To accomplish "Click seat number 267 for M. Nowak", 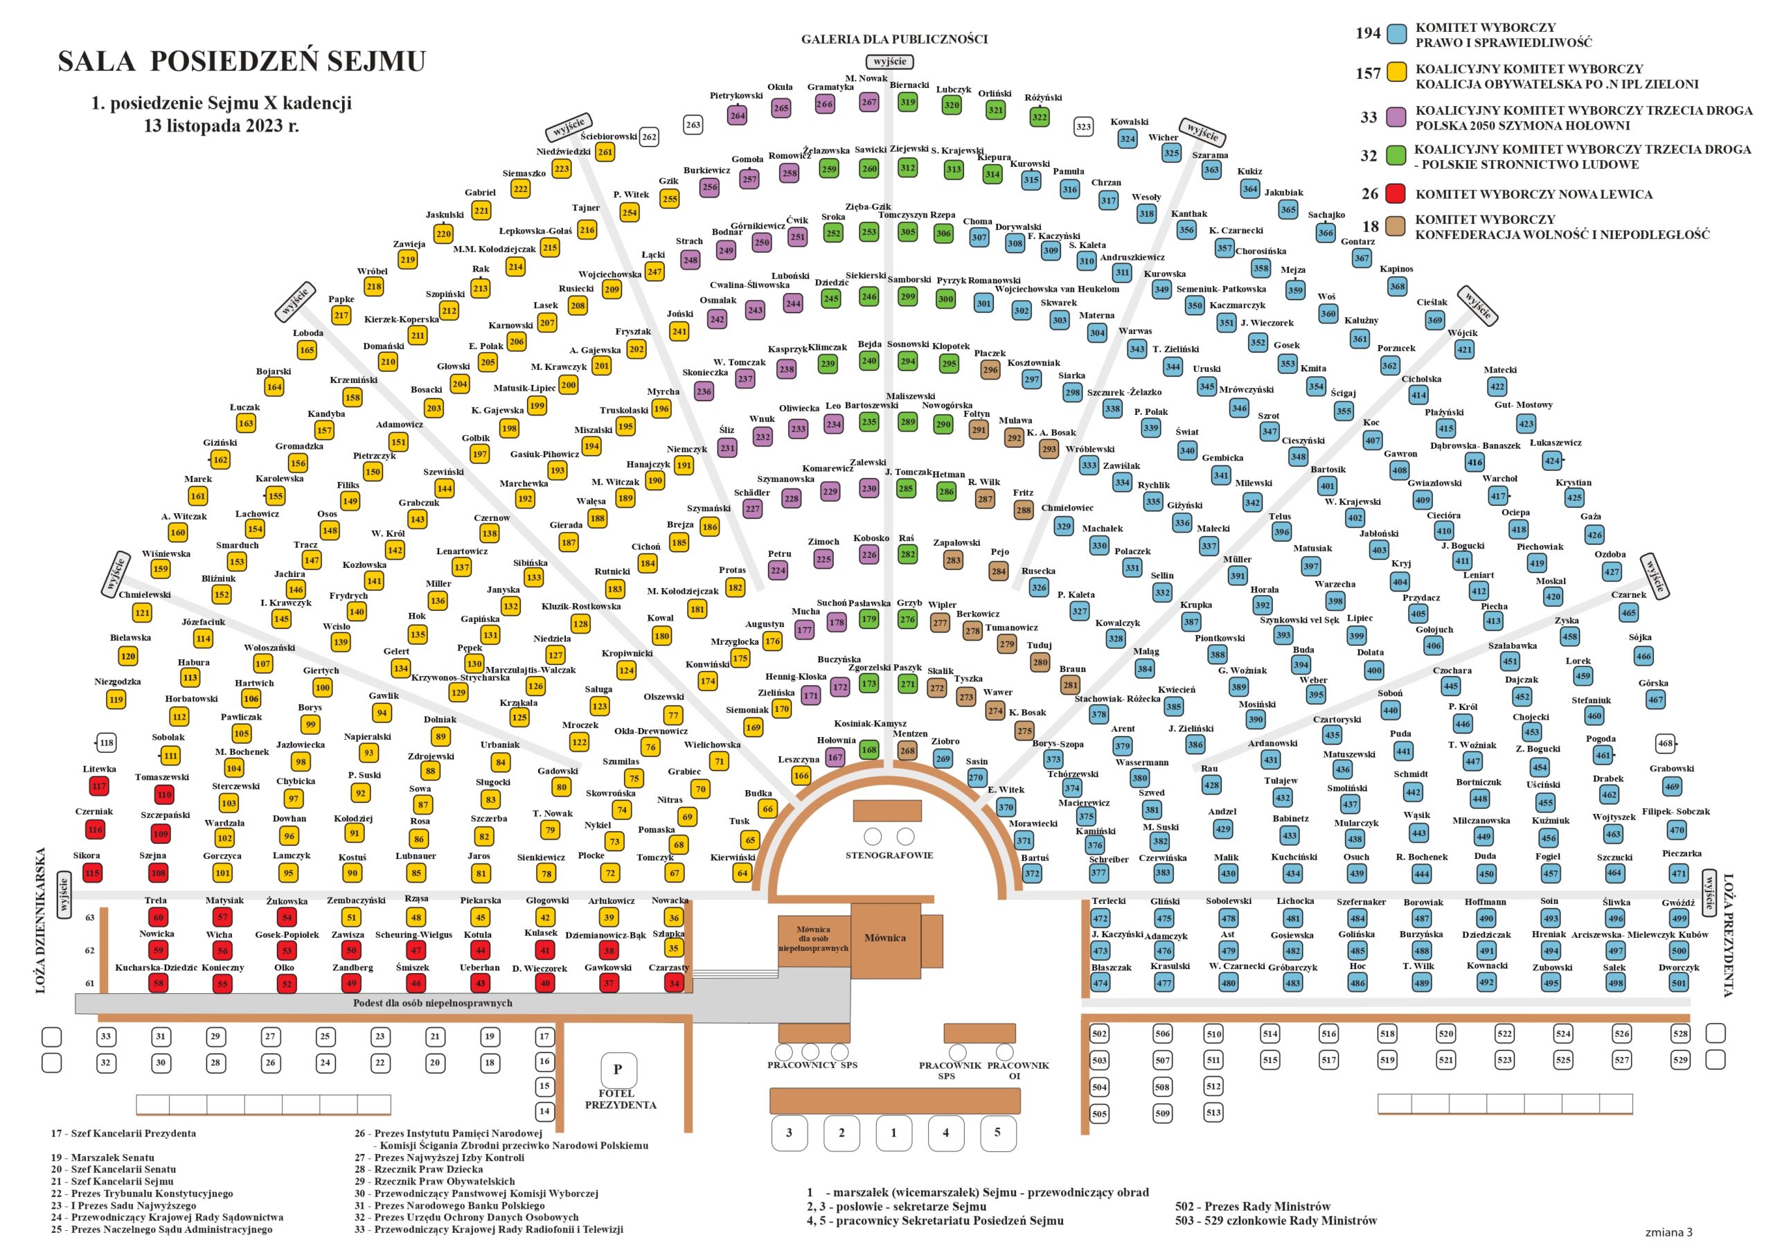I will coord(869,102).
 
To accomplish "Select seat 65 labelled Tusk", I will coord(750,839).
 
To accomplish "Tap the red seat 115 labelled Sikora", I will coord(93,873).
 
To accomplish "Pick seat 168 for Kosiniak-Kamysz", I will coord(869,749).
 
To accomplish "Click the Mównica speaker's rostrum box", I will coord(885,939).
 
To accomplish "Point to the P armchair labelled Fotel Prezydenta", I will coord(618,1070).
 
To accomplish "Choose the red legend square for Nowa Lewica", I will coord(1396,194).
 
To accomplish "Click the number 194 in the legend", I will coord(1368,33).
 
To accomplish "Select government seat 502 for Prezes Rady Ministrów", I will coord(1100,1034).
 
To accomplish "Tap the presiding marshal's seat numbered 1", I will coord(894,1133).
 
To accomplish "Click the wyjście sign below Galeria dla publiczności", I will coord(891,62).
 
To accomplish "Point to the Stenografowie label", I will coord(889,856).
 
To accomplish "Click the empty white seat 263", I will coord(693,125).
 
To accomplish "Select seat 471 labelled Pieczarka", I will coord(1679,873).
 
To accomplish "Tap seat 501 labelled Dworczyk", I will coord(1679,984).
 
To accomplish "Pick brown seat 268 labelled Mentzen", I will coord(907,751).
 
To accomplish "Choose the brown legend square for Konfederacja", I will coord(1396,227).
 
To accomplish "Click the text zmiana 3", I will coord(1668,1232).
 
